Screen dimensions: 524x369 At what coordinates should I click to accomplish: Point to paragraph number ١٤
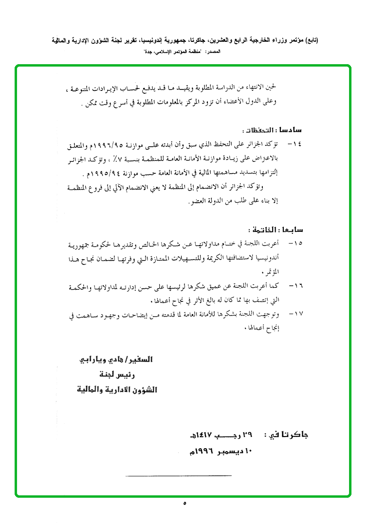[x=295, y=145]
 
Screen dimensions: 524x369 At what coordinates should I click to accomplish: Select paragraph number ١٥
[x=295, y=243]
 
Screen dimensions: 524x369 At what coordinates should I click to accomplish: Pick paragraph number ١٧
[x=295, y=314]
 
